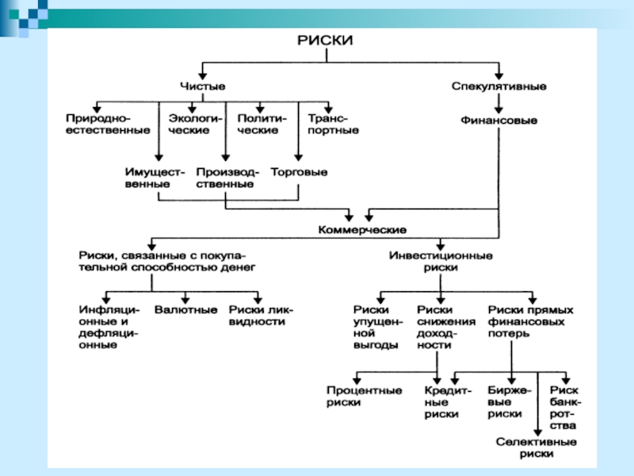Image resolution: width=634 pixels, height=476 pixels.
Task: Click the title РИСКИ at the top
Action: [x=324, y=40]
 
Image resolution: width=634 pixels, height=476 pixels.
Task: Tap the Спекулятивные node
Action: [x=498, y=85]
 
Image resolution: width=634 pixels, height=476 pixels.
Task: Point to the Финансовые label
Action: [x=498, y=121]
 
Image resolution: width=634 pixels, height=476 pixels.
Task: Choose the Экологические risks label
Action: [x=191, y=124]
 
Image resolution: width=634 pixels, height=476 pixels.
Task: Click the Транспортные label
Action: [x=328, y=124]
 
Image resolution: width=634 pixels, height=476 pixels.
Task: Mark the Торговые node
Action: [x=299, y=171]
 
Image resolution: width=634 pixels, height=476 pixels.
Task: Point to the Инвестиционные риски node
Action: [x=442, y=262]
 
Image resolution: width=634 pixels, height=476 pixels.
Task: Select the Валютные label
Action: [x=186, y=309]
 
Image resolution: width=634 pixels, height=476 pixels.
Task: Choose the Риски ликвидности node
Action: [x=261, y=316]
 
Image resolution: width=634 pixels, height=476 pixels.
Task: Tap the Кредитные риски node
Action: [x=448, y=402]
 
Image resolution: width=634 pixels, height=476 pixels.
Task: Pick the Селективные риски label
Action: [x=537, y=447]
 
